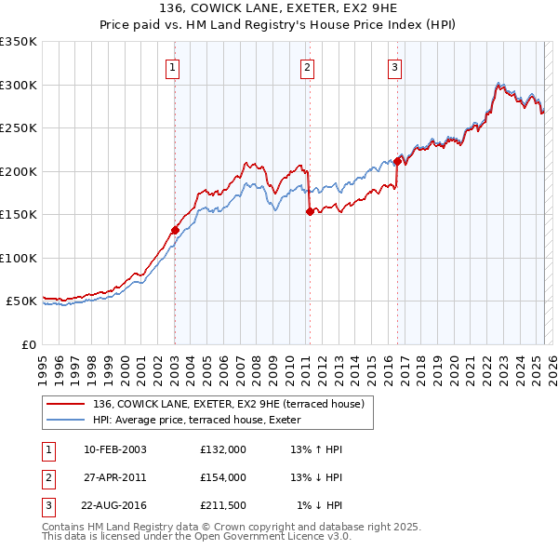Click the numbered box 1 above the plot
[x=174, y=66]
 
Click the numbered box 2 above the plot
[x=307, y=66]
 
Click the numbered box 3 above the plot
[x=395, y=66]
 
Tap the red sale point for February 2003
[x=175, y=230]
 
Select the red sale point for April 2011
[x=309, y=211]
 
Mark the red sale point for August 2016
[x=397, y=161]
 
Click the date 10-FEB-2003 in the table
[x=114, y=449]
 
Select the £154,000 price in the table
[x=222, y=477]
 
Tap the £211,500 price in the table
[x=222, y=505]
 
